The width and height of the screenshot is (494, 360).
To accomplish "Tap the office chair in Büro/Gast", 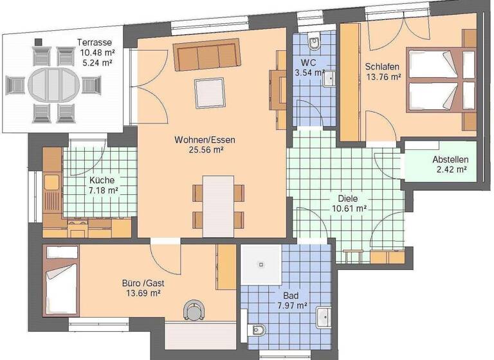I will (193, 310).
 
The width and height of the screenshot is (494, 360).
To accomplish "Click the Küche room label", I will (102, 180).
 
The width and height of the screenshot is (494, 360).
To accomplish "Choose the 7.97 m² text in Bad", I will (291, 306).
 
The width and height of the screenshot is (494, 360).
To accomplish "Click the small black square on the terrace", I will (39, 42).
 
